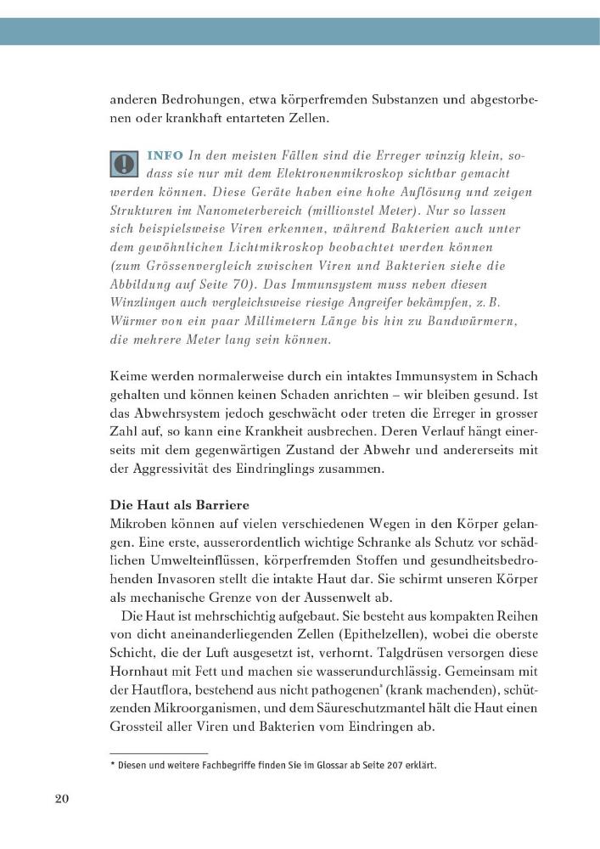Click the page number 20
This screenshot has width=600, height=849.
click(x=61, y=799)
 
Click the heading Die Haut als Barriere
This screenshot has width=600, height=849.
click(x=171, y=503)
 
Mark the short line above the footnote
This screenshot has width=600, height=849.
click(x=159, y=753)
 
